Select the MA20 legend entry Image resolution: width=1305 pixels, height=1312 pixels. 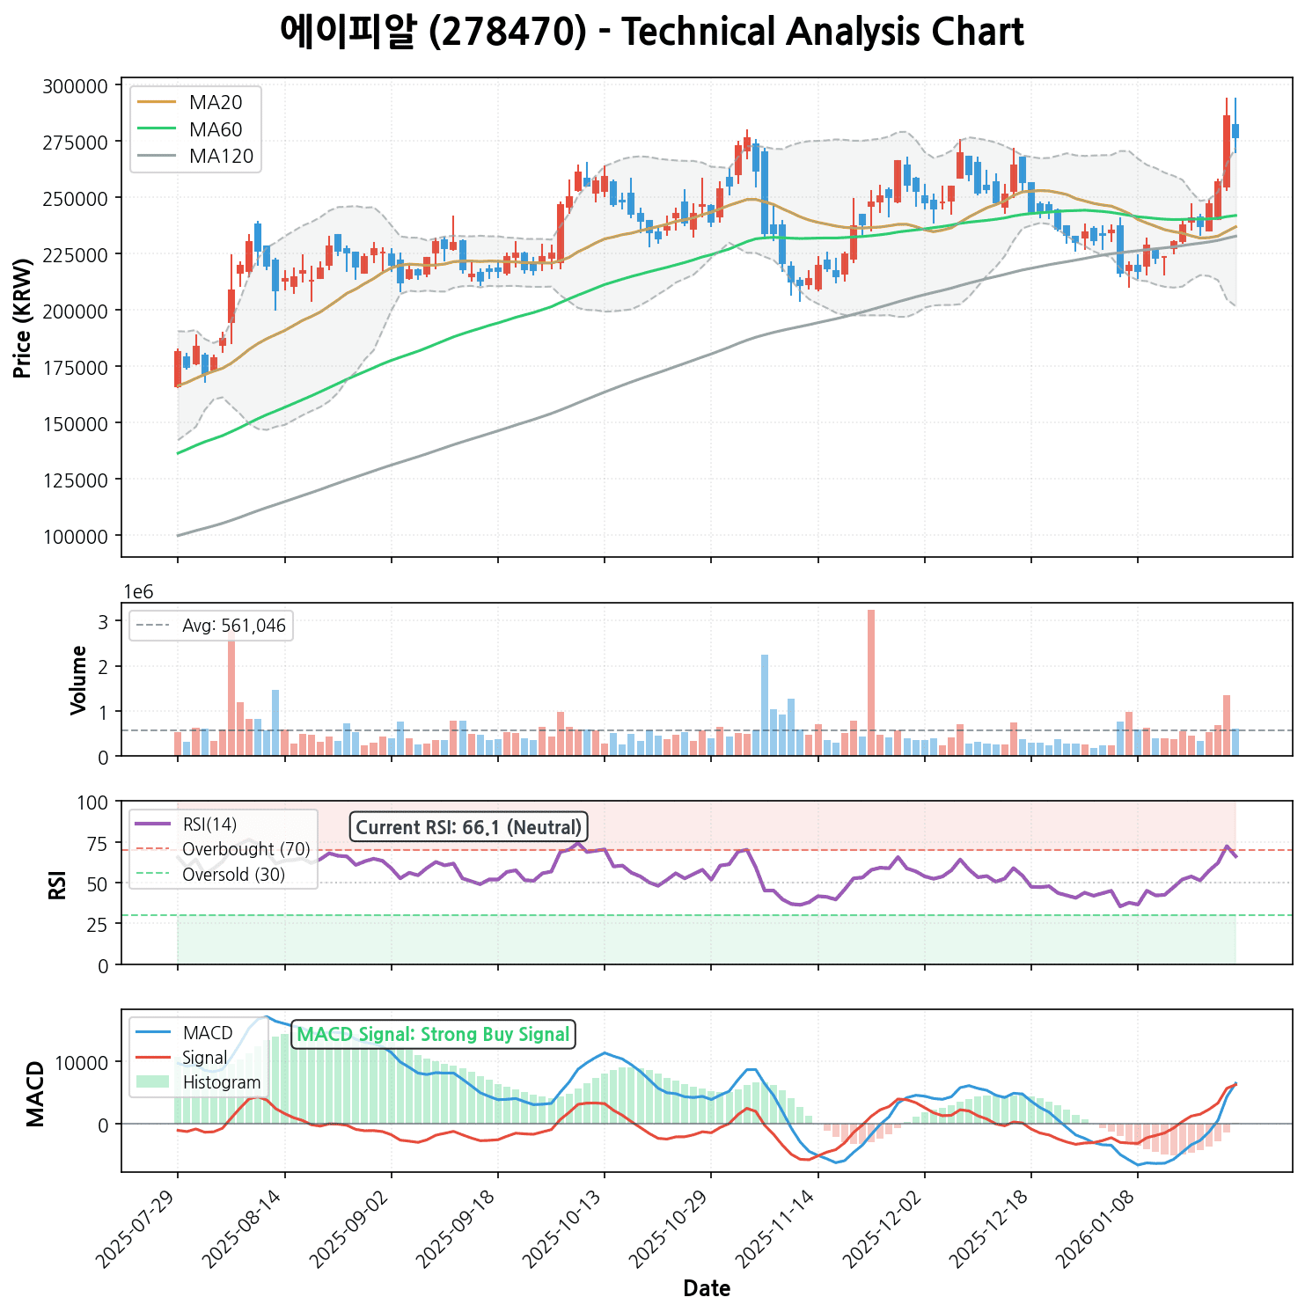215,102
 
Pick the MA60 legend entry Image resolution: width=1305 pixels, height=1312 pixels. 215,129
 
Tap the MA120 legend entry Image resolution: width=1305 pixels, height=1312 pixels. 221,157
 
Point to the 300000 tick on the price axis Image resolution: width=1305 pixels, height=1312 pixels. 81,86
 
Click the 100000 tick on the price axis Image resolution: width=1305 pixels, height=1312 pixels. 81,536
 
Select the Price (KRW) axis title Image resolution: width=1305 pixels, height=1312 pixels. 23,319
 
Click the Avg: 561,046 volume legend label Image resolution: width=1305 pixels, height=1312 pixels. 233,627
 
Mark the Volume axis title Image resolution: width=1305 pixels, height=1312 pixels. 78,679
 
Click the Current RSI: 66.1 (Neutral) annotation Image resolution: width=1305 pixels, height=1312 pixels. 468,827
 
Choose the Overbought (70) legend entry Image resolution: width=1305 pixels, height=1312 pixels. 246,849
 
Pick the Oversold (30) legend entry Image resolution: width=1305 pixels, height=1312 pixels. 233,875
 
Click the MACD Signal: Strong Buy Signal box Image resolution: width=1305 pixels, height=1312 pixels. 433,1035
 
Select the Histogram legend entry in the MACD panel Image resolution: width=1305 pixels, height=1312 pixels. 221,1082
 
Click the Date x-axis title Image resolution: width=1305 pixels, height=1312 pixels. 707,1289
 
